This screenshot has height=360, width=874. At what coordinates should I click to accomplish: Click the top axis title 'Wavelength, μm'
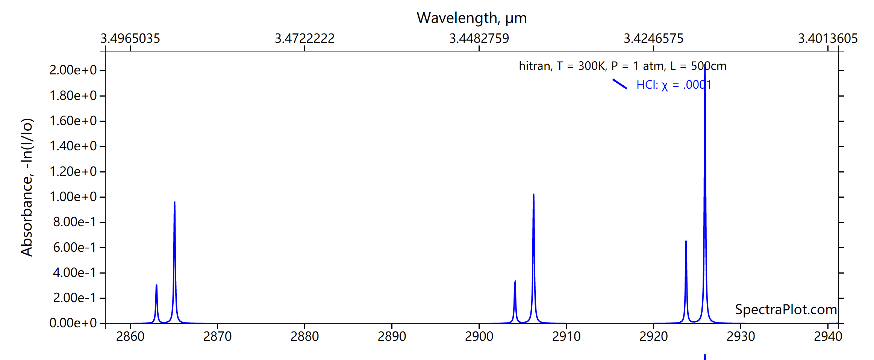471,18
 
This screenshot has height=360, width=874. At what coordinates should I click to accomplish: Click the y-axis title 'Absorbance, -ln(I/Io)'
27,187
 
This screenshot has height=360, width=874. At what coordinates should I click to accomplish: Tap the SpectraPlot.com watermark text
786,310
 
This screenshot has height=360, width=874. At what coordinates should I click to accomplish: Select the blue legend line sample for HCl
620,84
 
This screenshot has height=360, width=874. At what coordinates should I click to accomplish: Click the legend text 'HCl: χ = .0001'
674,85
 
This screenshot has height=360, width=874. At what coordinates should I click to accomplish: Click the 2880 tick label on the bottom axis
304,336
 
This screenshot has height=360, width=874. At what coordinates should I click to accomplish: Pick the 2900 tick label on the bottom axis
479,336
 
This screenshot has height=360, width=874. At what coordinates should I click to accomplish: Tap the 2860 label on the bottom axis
130,336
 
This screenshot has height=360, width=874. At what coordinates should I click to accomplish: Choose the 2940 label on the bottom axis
828,336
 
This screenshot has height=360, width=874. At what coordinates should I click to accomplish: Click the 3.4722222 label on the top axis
304,38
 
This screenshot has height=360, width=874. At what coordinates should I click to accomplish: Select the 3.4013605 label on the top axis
828,38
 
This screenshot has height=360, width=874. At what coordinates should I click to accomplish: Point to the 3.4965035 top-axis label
130,38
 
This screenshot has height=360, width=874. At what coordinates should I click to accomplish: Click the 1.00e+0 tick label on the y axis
73,197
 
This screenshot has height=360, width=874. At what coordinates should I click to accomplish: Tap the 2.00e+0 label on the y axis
73,70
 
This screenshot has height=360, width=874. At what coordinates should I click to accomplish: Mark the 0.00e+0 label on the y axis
73,323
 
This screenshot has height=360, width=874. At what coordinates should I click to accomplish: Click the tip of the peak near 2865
174,203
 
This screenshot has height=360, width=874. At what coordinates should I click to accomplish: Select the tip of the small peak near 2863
156,285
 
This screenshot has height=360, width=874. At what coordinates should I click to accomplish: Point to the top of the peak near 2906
533,195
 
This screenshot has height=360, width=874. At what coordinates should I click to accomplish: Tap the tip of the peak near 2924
686,242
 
